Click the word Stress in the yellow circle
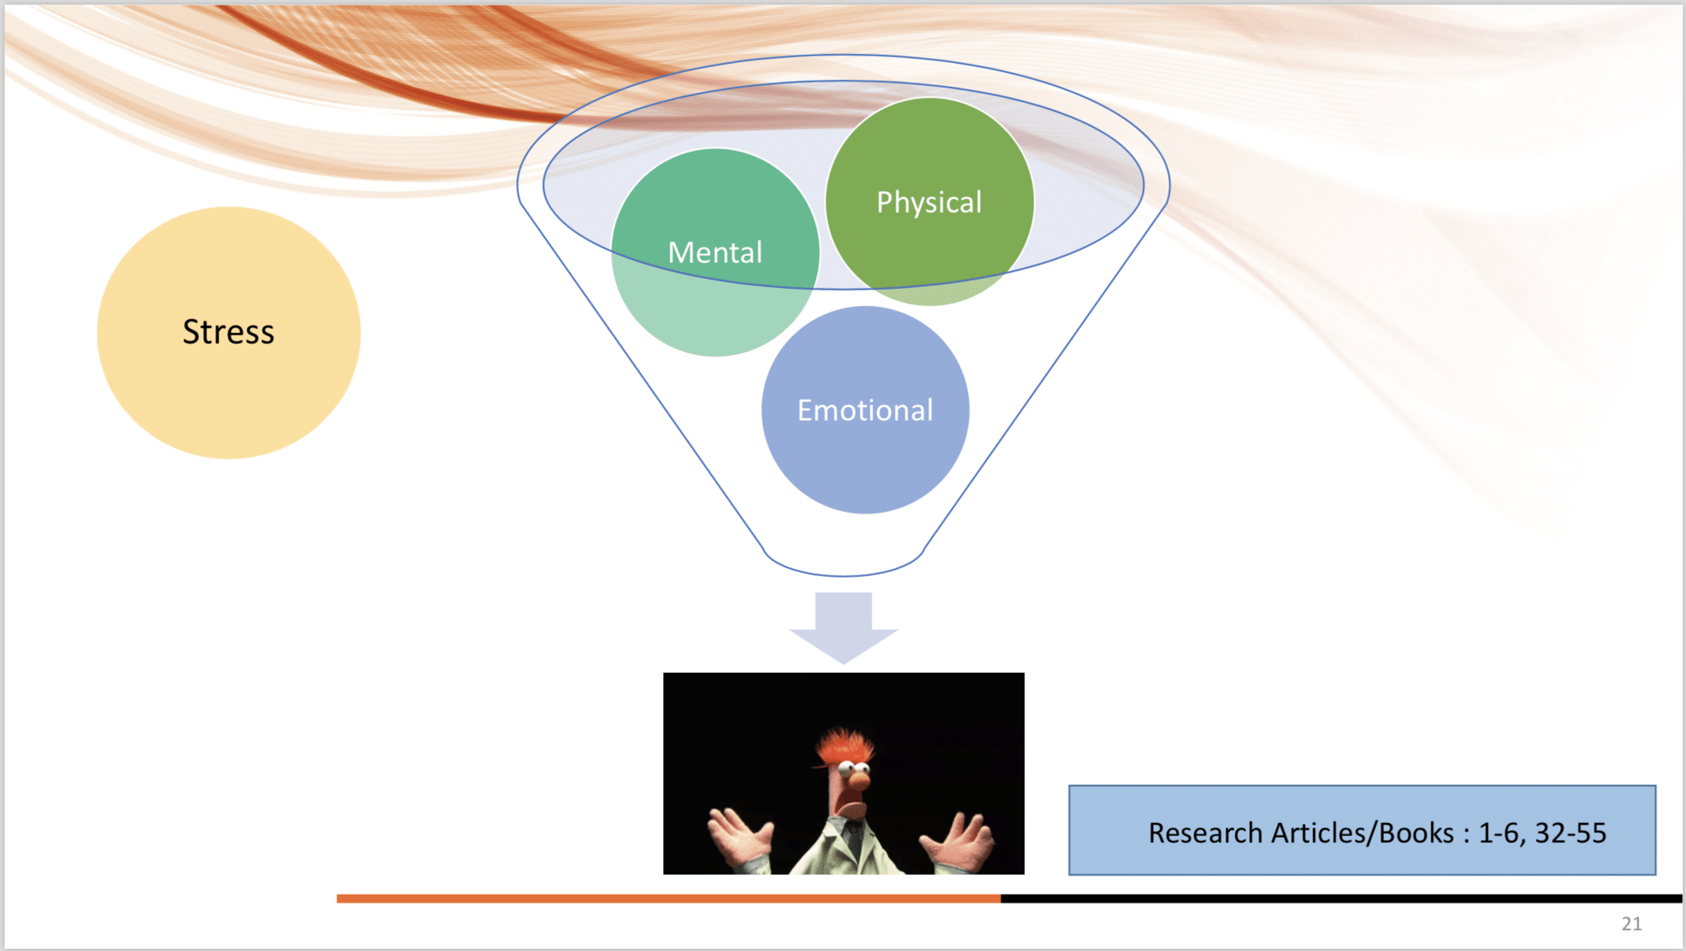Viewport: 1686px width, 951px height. coord(228,332)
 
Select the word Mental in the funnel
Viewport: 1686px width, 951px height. coord(715,252)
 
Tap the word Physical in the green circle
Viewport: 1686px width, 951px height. coord(929,203)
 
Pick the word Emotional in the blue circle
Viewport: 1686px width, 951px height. coord(865,410)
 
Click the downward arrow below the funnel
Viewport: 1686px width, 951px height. coord(844,627)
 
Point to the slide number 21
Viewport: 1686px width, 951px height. coord(1631,924)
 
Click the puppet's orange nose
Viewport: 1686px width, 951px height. coord(859,780)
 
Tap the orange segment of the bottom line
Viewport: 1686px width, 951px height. coord(668,899)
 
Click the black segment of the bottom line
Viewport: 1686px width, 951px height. coord(1341,899)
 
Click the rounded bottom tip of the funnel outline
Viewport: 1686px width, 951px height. coord(844,575)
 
